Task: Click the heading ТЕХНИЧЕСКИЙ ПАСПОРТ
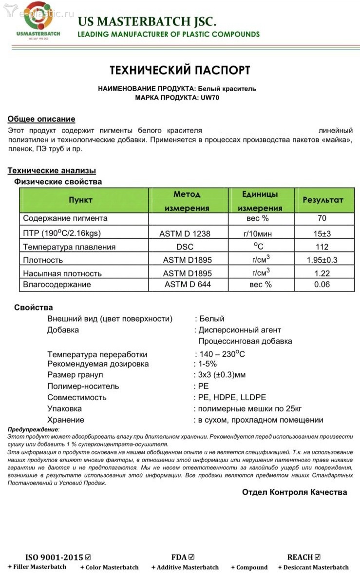click(x=180, y=70)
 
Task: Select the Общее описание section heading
click(x=41, y=119)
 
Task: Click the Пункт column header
click(x=80, y=200)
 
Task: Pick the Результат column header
click(x=323, y=200)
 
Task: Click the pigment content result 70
click(x=322, y=218)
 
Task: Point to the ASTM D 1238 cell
click(x=185, y=233)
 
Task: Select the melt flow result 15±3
click(x=322, y=233)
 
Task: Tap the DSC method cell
click(x=185, y=247)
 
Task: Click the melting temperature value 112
click(x=322, y=247)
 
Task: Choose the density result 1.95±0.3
click(x=322, y=260)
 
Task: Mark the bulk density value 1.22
click(x=322, y=273)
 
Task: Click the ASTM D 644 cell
click(x=188, y=284)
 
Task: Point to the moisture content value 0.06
click(x=322, y=284)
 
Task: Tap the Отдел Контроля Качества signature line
click(x=294, y=492)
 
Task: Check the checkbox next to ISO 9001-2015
click(x=88, y=557)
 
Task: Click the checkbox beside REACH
click(x=318, y=557)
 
